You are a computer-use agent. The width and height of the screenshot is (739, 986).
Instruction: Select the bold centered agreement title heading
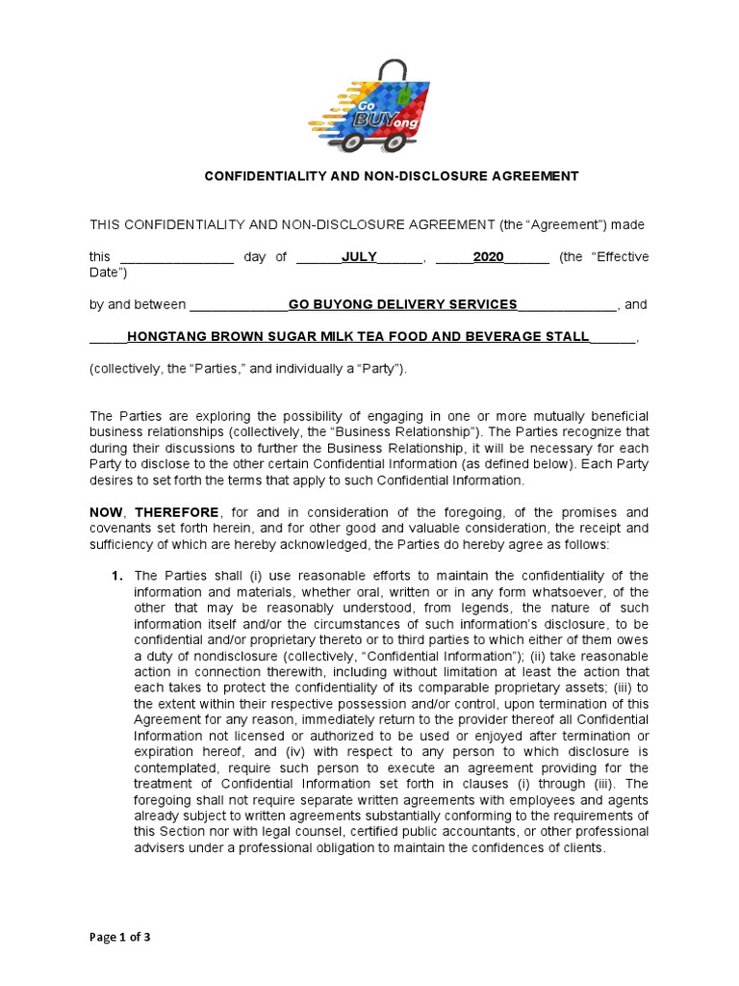coord(391,176)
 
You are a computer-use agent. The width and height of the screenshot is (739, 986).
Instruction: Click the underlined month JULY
coord(360,257)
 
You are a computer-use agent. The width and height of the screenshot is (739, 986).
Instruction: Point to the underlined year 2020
coord(489,257)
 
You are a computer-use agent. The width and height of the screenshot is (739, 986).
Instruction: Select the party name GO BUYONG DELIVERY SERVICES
coord(403,304)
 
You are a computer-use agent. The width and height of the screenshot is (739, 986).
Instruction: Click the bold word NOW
coord(107,512)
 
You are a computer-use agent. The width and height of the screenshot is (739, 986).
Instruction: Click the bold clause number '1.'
coord(117,576)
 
